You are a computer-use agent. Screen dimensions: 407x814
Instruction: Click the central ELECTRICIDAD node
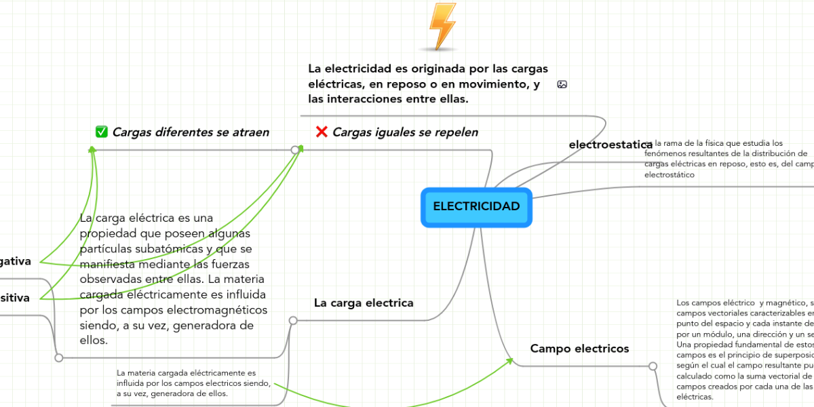point(476,206)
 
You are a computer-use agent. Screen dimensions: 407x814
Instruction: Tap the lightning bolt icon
point(442,26)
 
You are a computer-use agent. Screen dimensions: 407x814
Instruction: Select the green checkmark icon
point(102,132)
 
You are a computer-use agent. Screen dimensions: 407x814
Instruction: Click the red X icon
point(322,132)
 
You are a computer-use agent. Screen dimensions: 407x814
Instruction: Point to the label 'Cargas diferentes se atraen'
point(190,132)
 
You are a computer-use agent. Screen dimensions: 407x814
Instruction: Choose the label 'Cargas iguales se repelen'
point(405,132)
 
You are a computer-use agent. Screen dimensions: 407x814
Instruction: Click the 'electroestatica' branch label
point(610,144)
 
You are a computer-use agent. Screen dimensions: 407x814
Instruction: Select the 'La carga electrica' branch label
point(364,303)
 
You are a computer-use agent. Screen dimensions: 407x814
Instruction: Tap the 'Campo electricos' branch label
point(579,349)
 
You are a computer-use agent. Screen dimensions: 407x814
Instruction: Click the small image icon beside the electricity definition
point(562,84)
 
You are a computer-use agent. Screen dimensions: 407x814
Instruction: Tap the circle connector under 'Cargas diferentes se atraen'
point(294,149)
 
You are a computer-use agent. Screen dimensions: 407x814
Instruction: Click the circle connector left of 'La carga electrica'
point(293,319)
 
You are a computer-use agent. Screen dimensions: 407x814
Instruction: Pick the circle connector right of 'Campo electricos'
point(653,366)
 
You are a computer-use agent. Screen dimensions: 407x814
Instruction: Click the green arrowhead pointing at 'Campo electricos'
point(510,360)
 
